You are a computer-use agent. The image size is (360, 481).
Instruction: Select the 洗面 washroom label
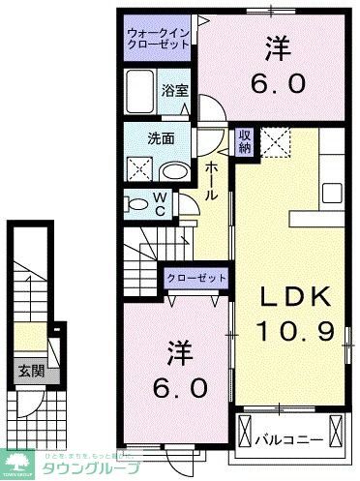162,138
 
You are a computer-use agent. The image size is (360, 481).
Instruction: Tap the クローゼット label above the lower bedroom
197,279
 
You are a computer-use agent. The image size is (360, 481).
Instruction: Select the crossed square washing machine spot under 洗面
137,169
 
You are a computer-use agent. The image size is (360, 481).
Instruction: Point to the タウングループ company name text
88,466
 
